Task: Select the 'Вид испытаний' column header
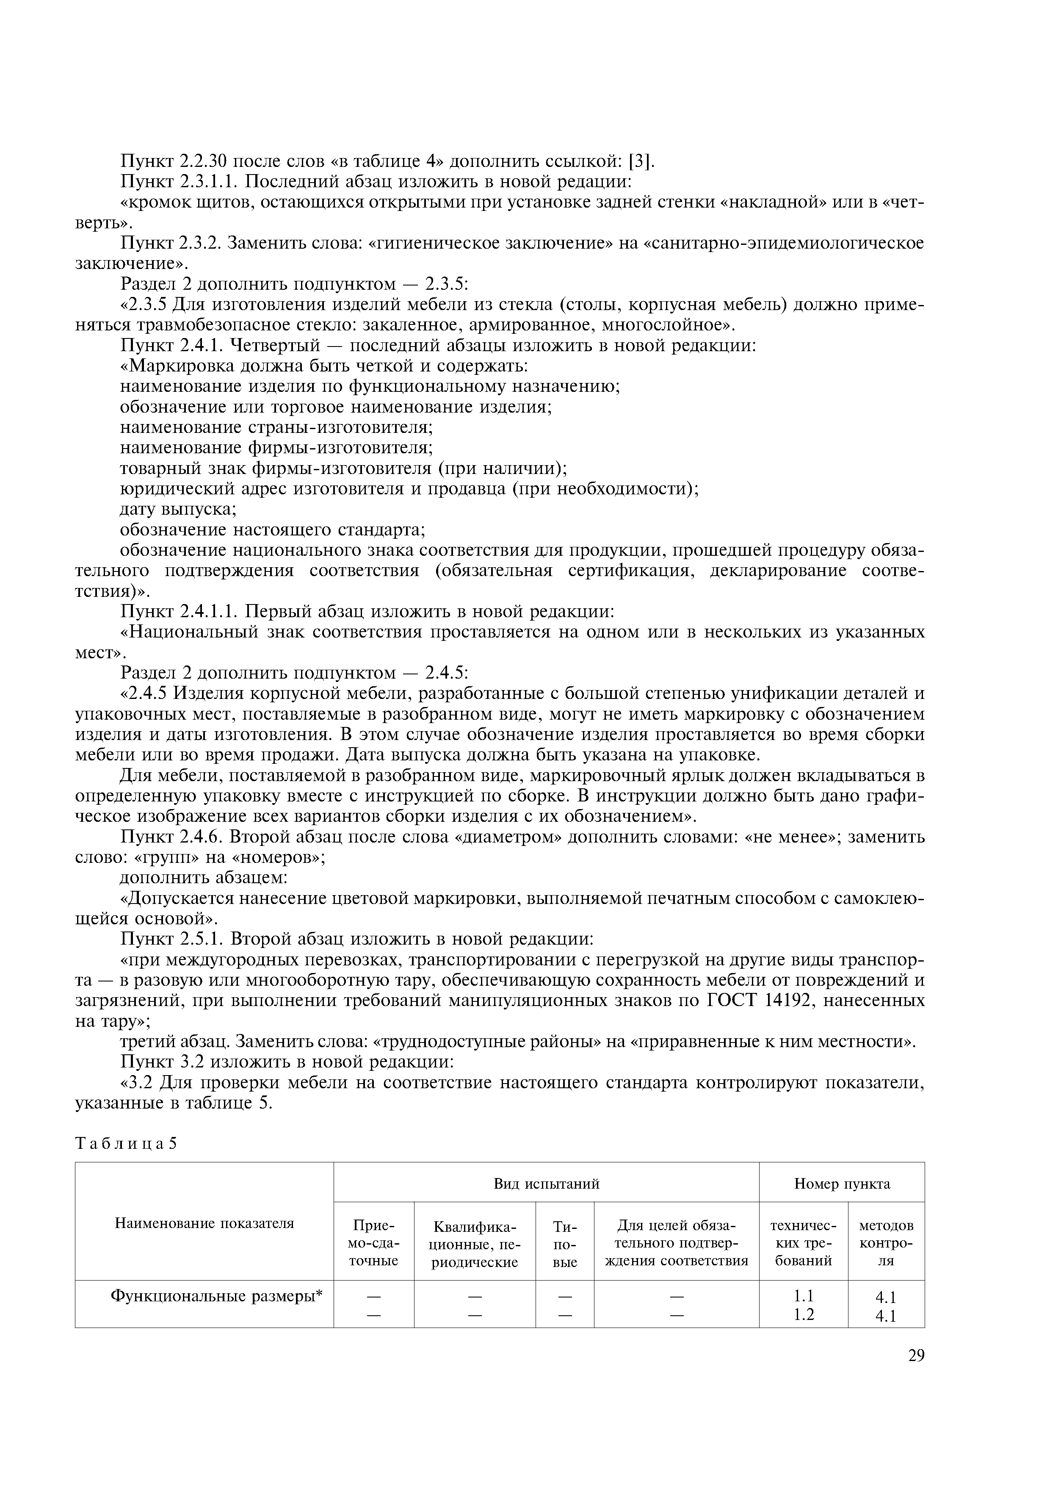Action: click(546, 1184)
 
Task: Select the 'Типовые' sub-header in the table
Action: click(565, 1243)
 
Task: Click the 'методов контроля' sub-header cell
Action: click(886, 1243)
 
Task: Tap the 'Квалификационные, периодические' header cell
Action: click(475, 1243)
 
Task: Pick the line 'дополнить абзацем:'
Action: click(204, 878)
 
